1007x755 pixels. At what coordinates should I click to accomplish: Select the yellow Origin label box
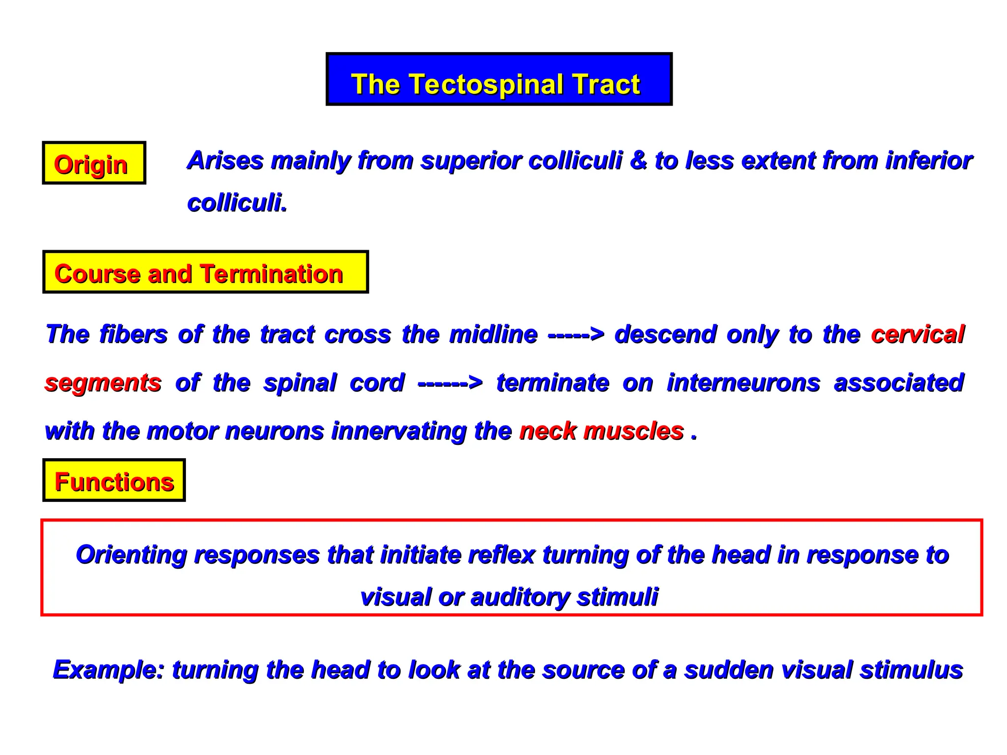click(x=94, y=163)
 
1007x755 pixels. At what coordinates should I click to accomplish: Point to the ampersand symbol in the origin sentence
click(x=638, y=160)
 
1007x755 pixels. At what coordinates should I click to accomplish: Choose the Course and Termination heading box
click(x=206, y=272)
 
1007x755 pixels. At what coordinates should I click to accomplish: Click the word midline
click(x=493, y=334)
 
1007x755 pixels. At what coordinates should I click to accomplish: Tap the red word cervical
click(x=918, y=334)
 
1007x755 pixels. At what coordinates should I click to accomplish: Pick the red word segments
click(x=103, y=383)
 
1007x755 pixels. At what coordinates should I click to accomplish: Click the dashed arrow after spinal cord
click(x=450, y=383)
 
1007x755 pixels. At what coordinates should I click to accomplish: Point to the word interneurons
click(x=743, y=383)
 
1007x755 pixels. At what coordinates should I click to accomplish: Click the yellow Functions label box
click(x=114, y=480)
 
